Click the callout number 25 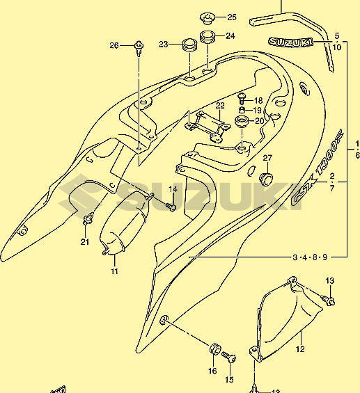232,17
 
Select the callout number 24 230,36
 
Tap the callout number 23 164,45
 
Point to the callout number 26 114,46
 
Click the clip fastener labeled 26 139,48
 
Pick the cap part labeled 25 208,19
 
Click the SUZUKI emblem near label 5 291,42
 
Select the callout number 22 220,106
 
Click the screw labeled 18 242,98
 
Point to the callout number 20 260,121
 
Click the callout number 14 173,189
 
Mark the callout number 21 85,242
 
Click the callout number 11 114,271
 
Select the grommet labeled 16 215,349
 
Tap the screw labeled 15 229,357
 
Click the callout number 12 300,349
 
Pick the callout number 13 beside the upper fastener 330,281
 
